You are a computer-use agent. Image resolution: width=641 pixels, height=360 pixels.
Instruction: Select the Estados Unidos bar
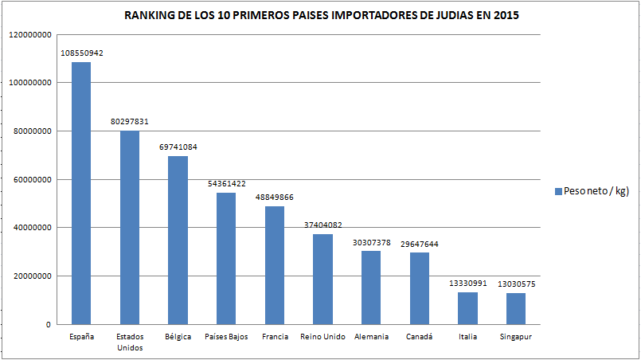[x=130, y=228]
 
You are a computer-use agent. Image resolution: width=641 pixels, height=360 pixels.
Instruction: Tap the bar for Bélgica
[x=178, y=241]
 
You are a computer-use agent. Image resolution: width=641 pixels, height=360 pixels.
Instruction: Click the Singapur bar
[x=517, y=309]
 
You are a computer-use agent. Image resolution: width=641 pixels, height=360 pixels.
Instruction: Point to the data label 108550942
[x=81, y=53]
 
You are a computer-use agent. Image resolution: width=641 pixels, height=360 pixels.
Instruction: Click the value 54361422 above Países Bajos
[x=226, y=184]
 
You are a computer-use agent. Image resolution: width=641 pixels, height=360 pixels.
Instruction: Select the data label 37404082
[x=322, y=225]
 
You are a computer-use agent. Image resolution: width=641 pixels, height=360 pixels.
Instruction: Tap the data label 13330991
[x=468, y=284]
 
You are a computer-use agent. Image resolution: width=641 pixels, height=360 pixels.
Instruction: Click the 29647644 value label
[x=420, y=244]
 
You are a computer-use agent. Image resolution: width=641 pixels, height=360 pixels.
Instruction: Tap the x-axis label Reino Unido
[x=322, y=337]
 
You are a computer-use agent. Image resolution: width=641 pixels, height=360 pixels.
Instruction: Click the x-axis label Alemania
[x=371, y=337]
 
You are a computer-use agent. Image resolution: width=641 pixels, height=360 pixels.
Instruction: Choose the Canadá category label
[x=420, y=337]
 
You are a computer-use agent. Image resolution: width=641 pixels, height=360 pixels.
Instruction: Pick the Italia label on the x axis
[x=468, y=337]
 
